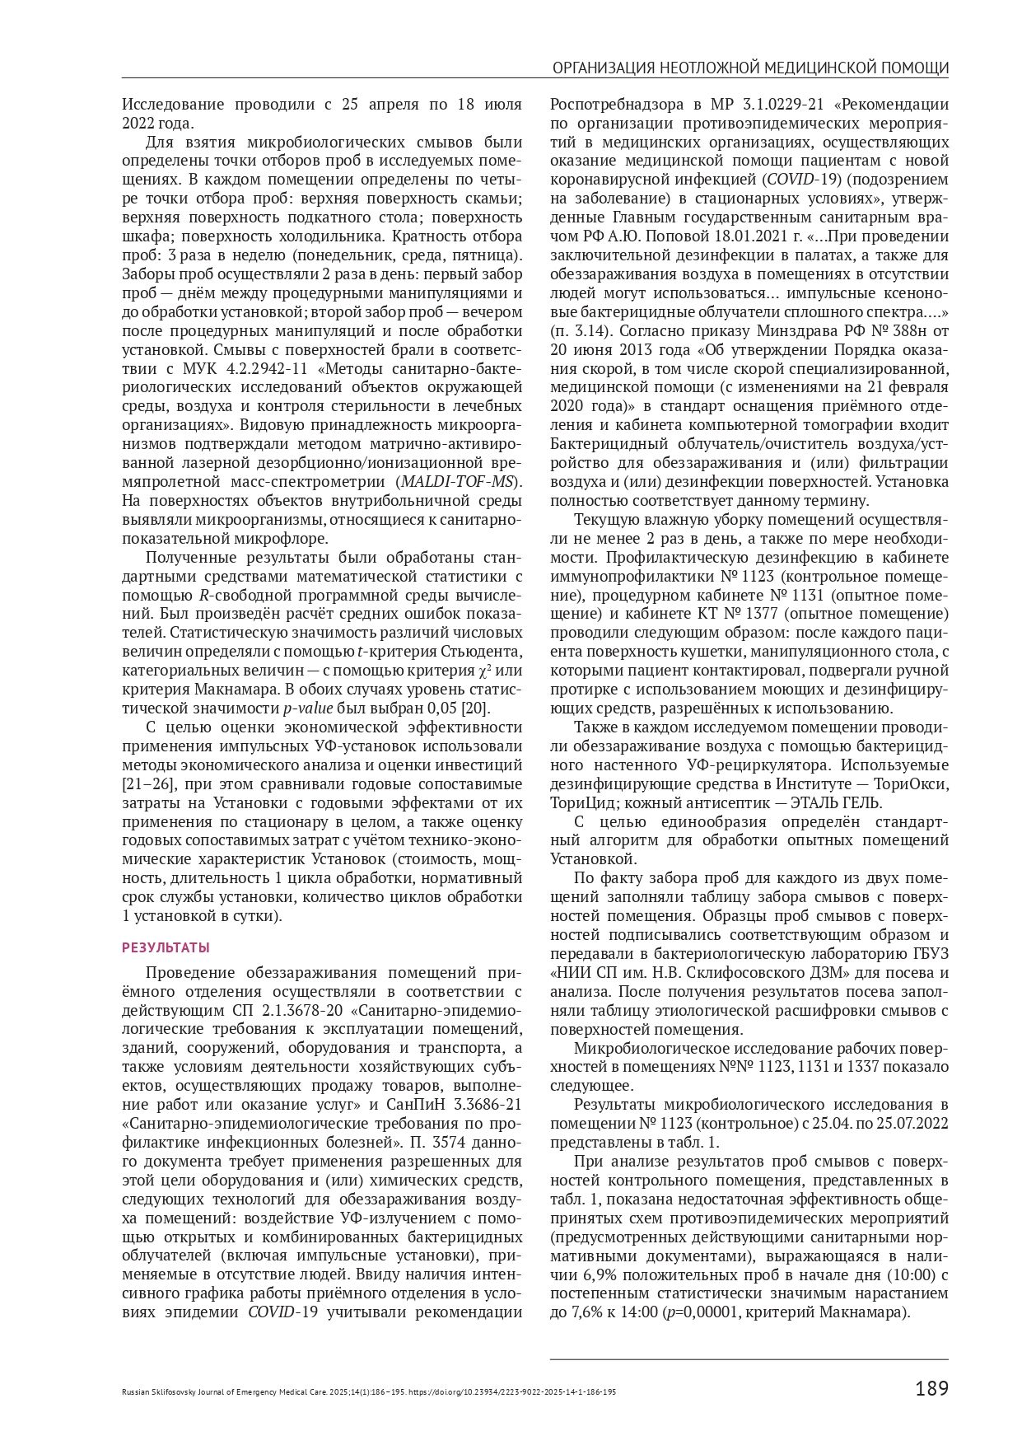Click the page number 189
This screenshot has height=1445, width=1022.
click(x=931, y=1389)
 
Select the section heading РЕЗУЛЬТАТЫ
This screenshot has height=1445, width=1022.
click(x=166, y=947)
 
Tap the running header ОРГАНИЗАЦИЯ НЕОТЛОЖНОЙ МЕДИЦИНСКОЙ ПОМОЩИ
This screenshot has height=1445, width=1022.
click(x=749, y=68)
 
